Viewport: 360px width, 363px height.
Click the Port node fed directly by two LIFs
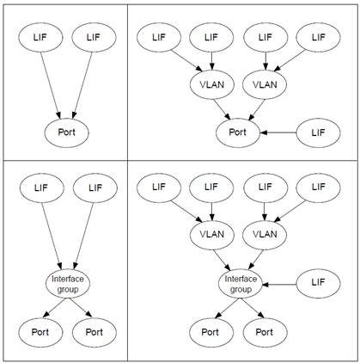[64, 132]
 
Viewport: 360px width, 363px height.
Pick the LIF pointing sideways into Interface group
[319, 283]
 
